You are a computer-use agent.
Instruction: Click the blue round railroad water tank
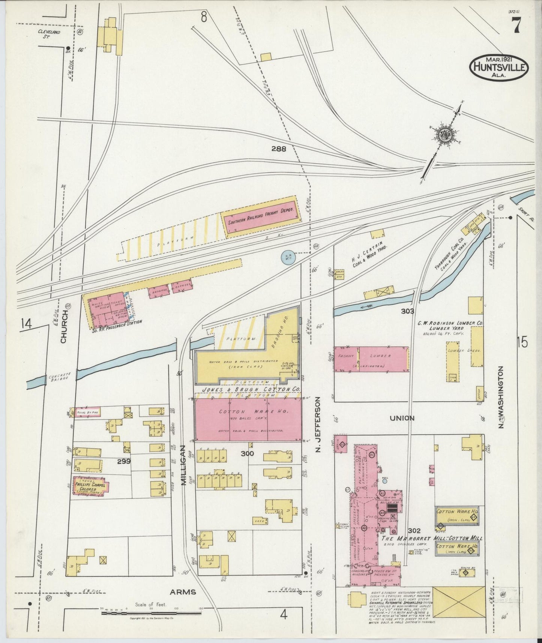coord(288,257)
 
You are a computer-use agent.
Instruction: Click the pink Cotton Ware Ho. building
coord(248,419)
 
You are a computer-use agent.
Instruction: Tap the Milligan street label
coord(184,465)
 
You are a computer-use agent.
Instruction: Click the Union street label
coord(402,418)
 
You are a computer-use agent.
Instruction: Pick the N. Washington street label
coord(501,397)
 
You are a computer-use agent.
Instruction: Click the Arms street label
coord(183,592)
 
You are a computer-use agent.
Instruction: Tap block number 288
coord(278,149)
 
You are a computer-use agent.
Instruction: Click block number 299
coord(123,462)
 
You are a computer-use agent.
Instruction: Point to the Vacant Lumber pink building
coord(371,359)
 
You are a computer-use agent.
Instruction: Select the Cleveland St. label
coord(49,35)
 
